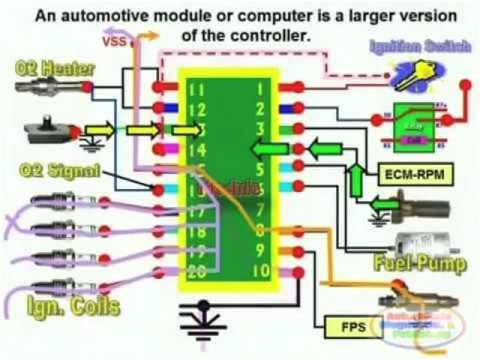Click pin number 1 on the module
coord(259,89)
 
